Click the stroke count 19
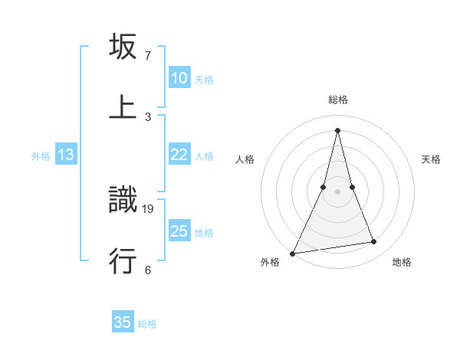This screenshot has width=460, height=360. (x=149, y=208)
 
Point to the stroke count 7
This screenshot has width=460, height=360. (x=148, y=56)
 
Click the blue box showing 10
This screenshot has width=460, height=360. (x=179, y=78)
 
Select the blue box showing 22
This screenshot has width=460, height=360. (x=179, y=155)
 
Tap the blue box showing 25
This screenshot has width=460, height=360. (x=179, y=231)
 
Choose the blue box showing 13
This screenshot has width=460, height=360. (x=66, y=155)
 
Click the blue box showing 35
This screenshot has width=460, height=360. (x=123, y=322)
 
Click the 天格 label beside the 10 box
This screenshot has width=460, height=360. (x=204, y=79)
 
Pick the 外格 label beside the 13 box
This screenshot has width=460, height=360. (x=41, y=155)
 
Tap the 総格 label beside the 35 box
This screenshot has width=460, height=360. (x=147, y=323)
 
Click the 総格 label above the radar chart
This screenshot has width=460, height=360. (x=338, y=100)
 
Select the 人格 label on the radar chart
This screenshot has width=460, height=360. (x=245, y=159)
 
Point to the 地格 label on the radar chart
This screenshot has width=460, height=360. (x=402, y=263)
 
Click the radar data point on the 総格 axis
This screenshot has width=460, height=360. (x=338, y=129)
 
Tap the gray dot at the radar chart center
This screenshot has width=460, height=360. (x=338, y=191)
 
